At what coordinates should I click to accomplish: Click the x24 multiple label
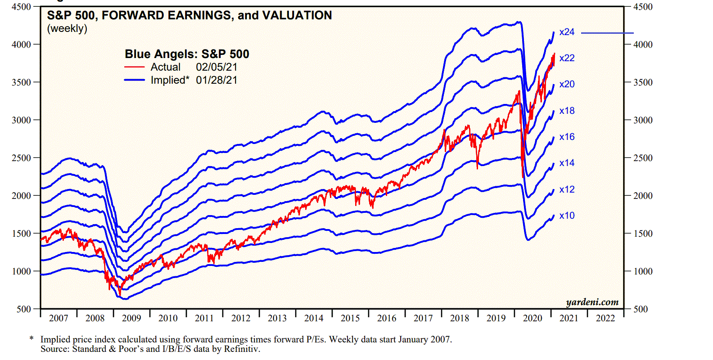567,32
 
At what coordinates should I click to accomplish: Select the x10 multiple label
567,216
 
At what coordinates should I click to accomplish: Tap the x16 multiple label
567,137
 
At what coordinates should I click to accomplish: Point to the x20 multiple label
567,84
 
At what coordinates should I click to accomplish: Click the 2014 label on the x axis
314,318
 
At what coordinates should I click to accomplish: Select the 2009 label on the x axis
131,318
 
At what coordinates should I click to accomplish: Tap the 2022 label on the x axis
605,318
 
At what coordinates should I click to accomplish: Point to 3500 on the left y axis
22,82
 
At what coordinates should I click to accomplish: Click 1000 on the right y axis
643,271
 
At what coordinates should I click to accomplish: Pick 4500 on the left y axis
22,7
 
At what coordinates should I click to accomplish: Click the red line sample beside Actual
135,67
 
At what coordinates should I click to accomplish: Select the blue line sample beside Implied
135,80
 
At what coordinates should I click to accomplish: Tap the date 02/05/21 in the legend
217,67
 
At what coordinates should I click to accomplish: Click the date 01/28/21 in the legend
217,80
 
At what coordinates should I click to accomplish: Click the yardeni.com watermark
592,302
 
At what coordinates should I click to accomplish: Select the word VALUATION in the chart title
297,15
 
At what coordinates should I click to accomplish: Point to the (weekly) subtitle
67,28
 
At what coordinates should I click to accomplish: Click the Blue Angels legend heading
187,54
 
